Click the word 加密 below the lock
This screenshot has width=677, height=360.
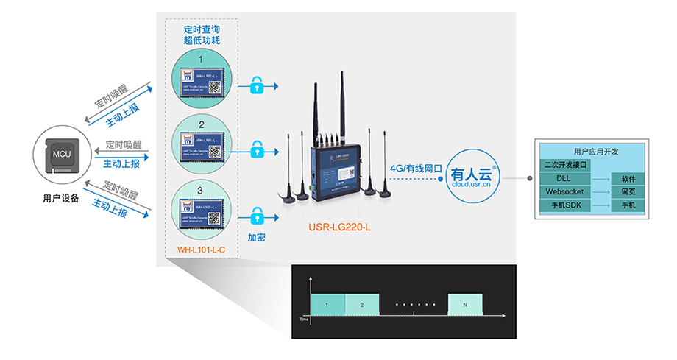[257, 239]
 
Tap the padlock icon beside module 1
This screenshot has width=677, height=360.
[257, 86]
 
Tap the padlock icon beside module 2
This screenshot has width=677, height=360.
[257, 150]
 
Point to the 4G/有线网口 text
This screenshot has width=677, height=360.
[416, 169]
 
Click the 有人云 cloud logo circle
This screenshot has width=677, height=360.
[474, 177]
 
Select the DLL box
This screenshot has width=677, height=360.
[564, 178]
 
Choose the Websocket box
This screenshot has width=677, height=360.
[564, 191]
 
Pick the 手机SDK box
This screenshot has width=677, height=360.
[564, 205]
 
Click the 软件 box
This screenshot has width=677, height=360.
[628, 178]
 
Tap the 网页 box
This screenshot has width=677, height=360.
[628, 191]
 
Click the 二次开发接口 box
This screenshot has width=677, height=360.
[564, 165]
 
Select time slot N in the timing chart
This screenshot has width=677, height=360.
[465, 304]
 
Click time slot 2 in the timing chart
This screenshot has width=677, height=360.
[361, 304]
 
